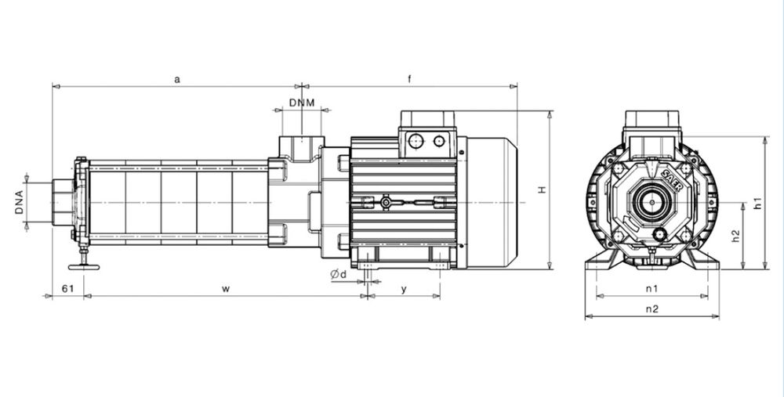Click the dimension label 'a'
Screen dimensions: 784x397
click(x=177, y=79)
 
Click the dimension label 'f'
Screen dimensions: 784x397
click(x=409, y=78)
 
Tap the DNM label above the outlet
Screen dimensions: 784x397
click(x=302, y=103)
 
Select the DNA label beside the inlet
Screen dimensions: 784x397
click(x=20, y=202)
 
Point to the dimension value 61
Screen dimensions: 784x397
click(x=67, y=288)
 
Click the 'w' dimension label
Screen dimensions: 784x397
click(x=226, y=289)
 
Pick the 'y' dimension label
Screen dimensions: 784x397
click(x=404, y=289)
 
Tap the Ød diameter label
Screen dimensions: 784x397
click(x=339, y=273)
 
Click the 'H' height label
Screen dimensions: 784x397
click(x=542, y=189)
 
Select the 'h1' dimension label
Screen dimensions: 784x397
click(x=758, y=204)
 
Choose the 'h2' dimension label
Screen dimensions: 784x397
click(x=735, y=236)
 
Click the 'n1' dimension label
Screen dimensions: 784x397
click(x=652, y=288)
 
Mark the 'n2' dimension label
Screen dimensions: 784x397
click(x=652, y=309)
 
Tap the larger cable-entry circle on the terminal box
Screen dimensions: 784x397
click(x=416, y=141)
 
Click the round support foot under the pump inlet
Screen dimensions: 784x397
click(x=84, y=267)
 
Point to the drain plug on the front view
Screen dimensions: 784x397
click(x=660, y=233)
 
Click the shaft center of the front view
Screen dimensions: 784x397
click(x=652, y=202)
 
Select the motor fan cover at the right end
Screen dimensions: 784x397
click(x=492, y=202)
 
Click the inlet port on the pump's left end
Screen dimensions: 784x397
click(x=63, y=202)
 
